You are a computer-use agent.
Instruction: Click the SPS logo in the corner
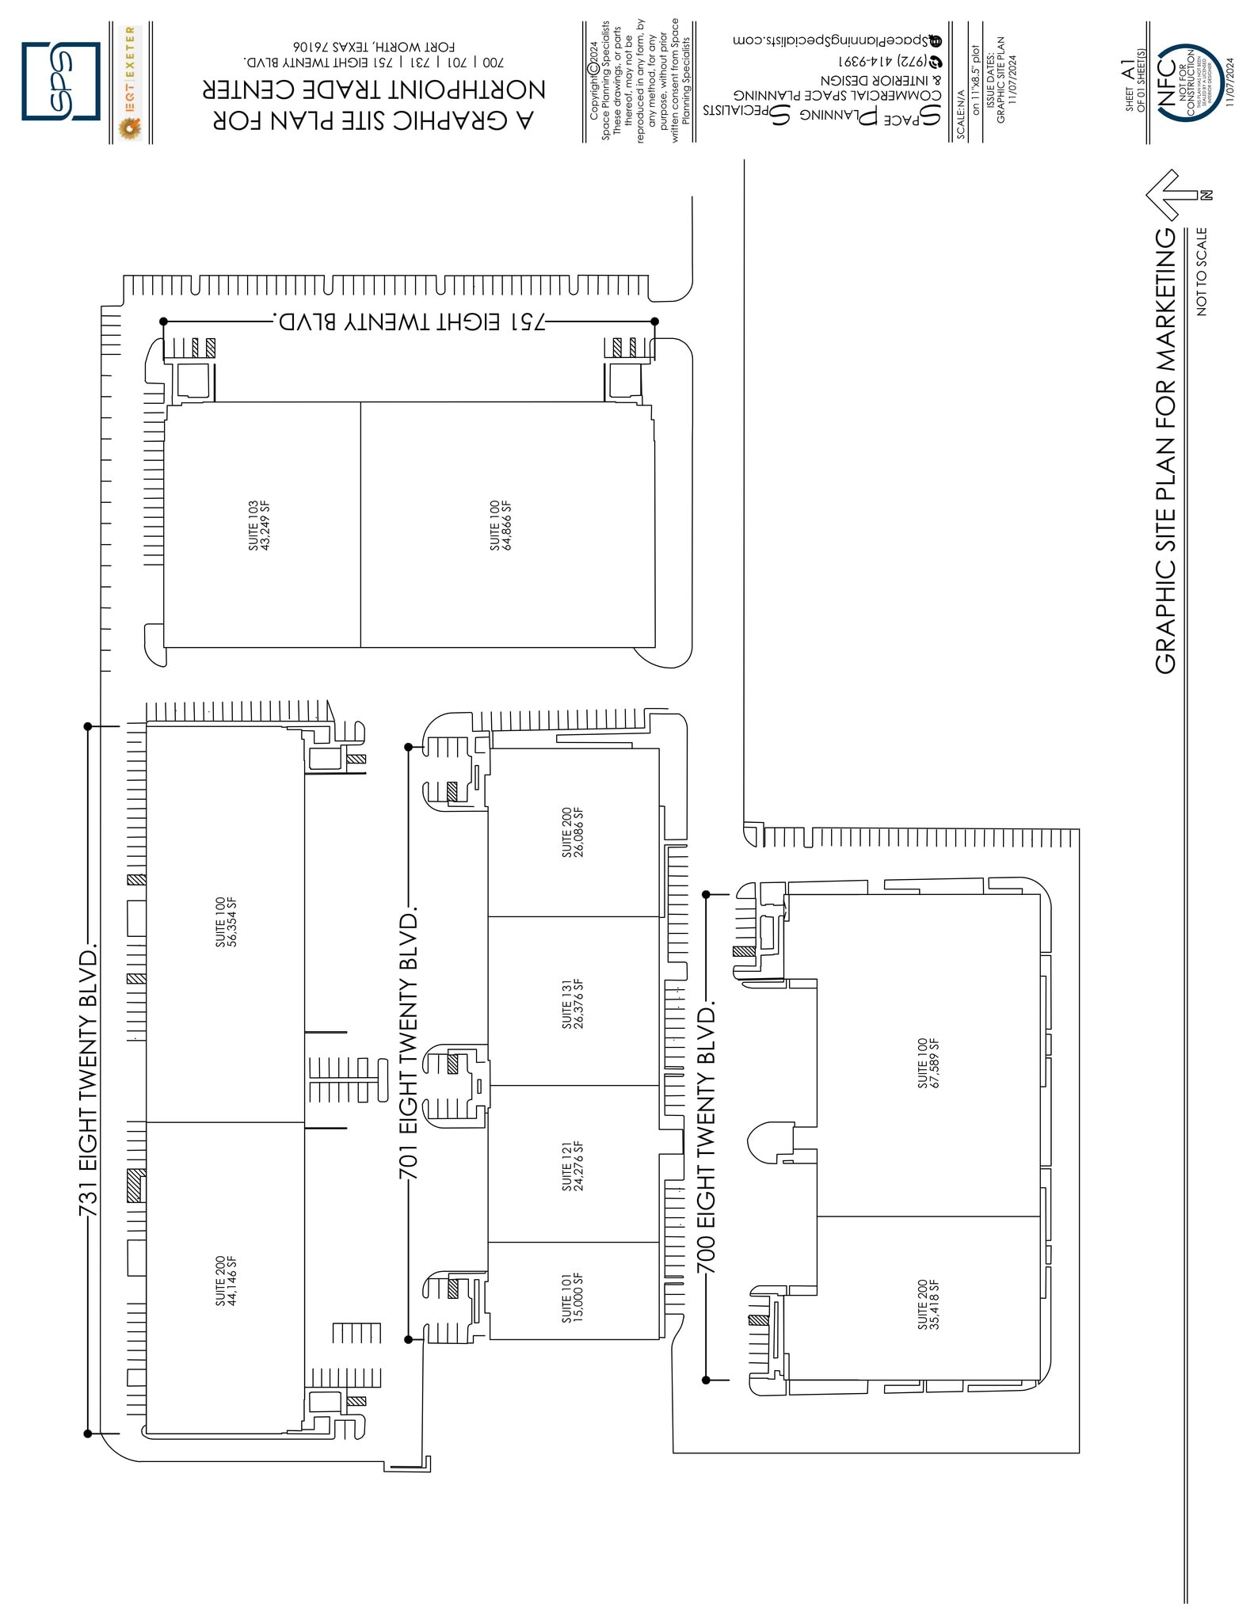[61, 81]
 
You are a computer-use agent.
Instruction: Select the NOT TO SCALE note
[1202, 272]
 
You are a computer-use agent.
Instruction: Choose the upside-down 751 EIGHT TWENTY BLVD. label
[410, 322]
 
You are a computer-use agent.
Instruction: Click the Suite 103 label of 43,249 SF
[258, 525]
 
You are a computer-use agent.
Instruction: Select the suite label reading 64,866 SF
[501, 525]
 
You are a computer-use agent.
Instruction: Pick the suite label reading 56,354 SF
[226, 922]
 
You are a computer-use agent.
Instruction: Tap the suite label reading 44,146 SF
[226, 1280]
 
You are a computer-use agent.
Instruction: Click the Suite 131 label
[573, 1004]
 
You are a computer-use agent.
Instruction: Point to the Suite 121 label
[572, 1166]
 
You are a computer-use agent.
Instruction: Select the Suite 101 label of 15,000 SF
[572, 1297]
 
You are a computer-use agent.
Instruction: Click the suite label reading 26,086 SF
[573, 832]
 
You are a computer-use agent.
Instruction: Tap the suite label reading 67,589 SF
[928, 1063]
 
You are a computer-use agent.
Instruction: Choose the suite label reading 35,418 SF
[928, 1304]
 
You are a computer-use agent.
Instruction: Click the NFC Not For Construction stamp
[1187, 82]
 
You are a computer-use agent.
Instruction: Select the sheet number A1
[1129, 71]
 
